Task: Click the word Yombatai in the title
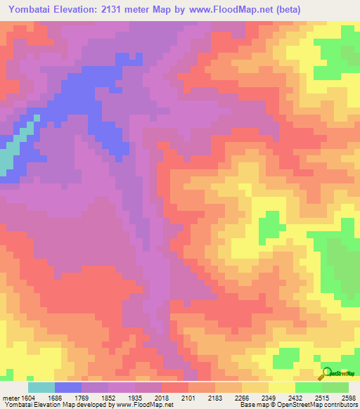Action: point(32,10)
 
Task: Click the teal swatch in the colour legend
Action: point(41,387)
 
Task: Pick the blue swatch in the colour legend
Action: point(68,387)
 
